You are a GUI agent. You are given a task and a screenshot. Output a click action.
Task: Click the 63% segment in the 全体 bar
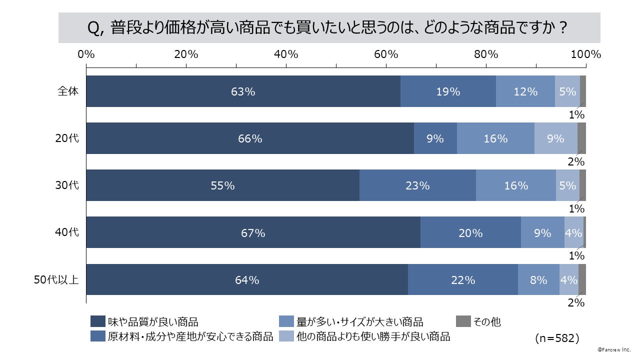(243, 91)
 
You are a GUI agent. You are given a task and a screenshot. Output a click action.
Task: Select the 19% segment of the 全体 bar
(448, 91)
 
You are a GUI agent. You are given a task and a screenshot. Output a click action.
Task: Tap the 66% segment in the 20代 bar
(250, 138)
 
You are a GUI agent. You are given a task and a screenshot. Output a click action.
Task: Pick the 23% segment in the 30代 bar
(417, 185)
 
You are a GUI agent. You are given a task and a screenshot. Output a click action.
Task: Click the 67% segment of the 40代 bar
(253, 232)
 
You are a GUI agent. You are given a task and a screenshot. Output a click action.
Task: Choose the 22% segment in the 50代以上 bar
(462, 280)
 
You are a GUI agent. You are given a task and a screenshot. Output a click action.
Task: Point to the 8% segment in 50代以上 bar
(538, 280)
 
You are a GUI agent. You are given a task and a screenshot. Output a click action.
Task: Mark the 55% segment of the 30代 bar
(222, 185)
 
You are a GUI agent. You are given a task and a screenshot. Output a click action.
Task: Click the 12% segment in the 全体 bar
(525, 91)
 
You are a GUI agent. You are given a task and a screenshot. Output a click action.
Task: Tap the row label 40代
(67, 232)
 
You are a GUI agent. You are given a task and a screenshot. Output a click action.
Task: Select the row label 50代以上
(56, 280)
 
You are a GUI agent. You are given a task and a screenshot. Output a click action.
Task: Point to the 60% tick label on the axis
(386, 54)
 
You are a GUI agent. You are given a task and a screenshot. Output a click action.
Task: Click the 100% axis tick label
(585, 54)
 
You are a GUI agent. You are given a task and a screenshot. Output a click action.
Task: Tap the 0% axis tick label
(86, 54)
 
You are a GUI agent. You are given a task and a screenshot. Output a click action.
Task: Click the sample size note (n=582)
(557, 338)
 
